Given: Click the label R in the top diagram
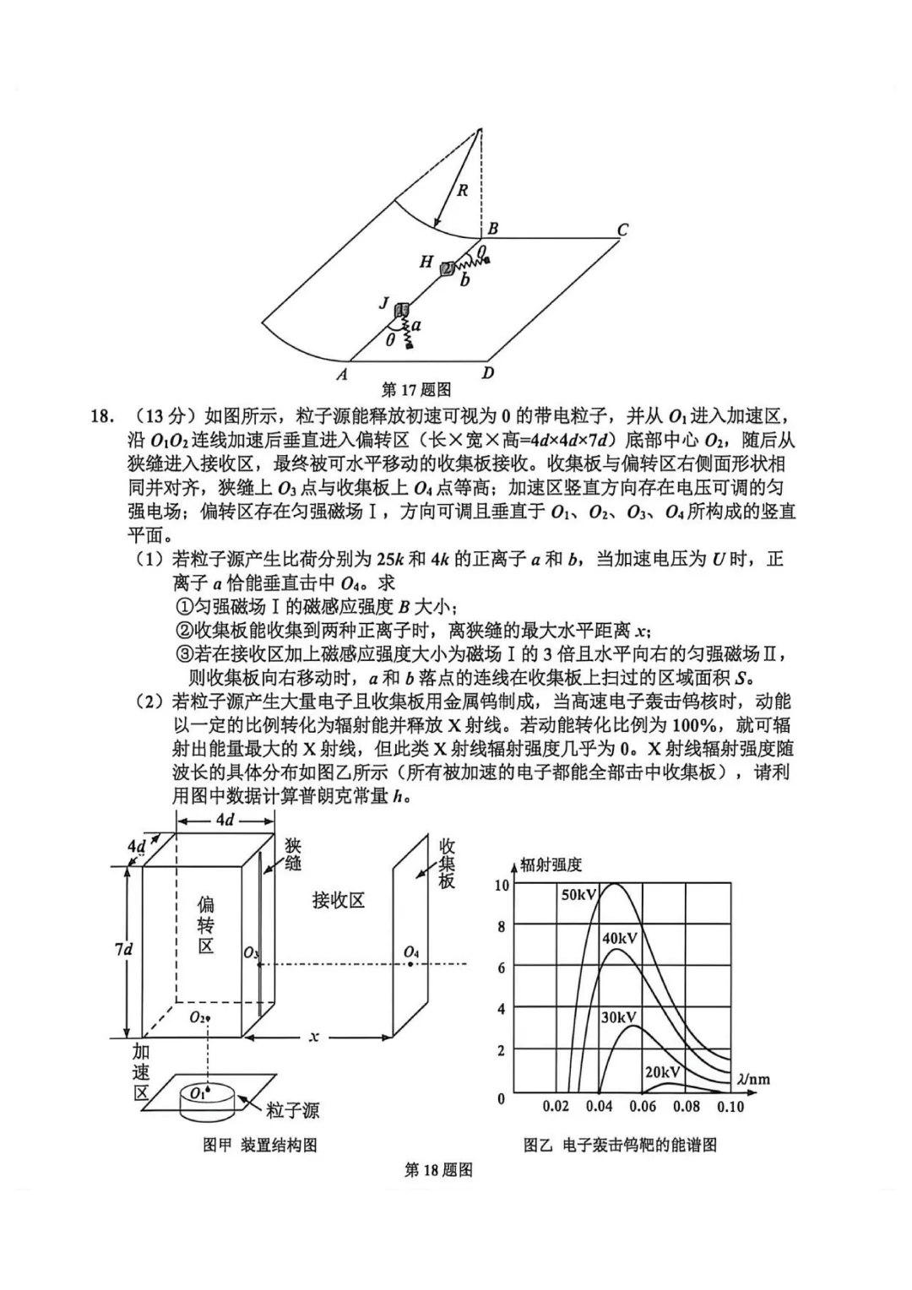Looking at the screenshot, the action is [462, 191].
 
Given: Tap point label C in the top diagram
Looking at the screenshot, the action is [622, 229].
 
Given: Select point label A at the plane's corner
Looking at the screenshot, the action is [342, 374].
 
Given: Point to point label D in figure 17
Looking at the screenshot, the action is [488, 372].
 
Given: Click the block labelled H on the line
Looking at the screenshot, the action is [448, 268].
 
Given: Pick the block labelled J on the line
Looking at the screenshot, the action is [403, 310].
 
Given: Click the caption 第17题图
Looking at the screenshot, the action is [416, 389].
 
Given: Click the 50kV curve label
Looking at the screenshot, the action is [579, 895].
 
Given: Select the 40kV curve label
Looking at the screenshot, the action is [620, 938].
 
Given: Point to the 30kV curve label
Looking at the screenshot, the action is [618, 1017].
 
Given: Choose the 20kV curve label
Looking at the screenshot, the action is [663, 1071].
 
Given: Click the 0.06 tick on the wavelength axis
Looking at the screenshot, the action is [643, 1106].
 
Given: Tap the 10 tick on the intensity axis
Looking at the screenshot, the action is [502, 885].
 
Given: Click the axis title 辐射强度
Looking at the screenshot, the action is [551, 864].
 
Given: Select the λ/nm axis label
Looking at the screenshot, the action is [753, 1078].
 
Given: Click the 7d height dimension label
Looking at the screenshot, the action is [124, 949].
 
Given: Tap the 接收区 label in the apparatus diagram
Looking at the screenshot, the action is [338, 901].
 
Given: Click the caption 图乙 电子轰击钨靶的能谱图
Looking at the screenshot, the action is [620, 1145].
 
